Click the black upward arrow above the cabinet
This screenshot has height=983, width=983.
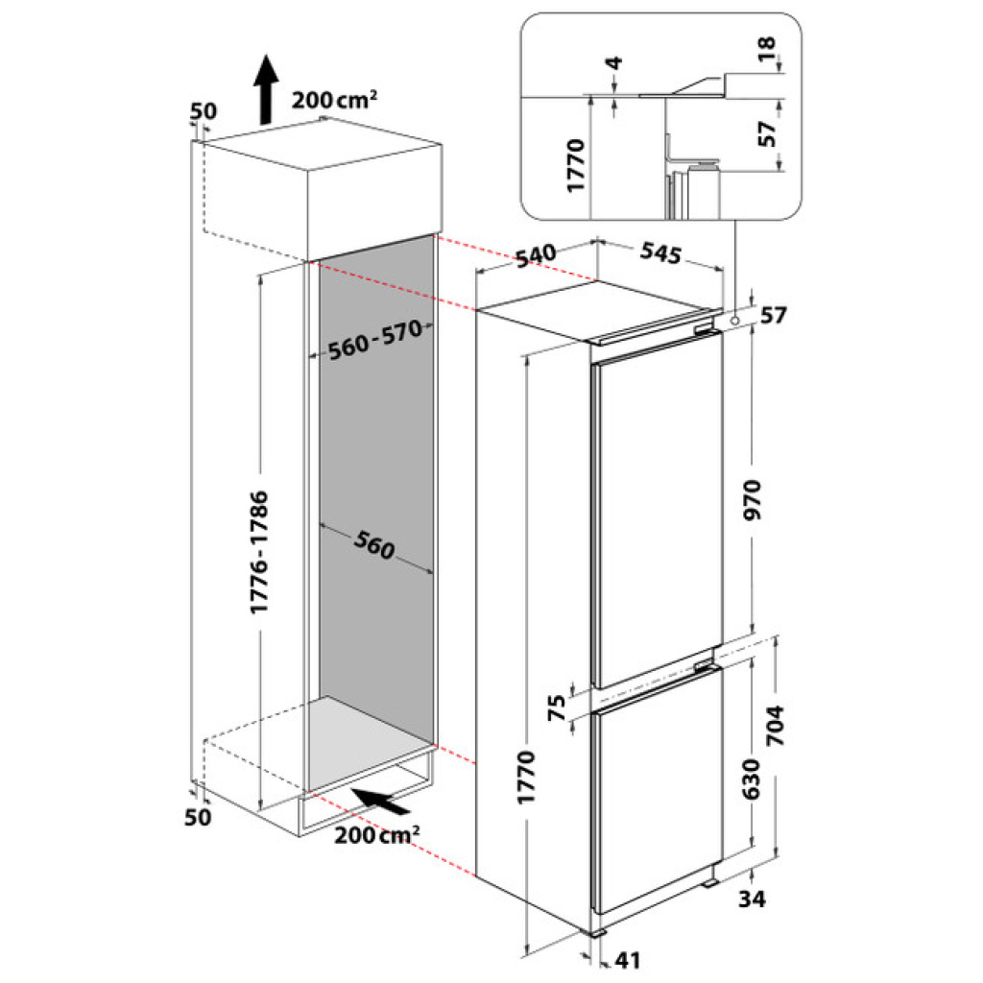[x=267, y=89]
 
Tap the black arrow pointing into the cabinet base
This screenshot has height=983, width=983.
[x=381, y=801]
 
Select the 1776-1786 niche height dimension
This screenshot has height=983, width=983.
[x=259, y=552]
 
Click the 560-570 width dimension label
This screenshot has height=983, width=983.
[x=375, y=340]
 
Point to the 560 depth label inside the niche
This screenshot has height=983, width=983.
[x=374, y=544]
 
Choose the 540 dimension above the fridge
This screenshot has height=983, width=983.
[x=536, y=254]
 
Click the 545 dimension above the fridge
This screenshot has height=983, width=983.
[x=660, y=252]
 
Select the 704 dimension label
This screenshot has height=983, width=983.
[x=775, y=726]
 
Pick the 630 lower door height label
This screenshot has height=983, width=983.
[x=751, y=779]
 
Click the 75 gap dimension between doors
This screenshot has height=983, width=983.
[x=557, y=708]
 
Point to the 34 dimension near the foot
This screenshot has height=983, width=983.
[x=752, y=899]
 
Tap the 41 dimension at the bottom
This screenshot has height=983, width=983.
[x=628, y=960]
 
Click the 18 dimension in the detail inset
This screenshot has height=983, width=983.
[x=767, y=49]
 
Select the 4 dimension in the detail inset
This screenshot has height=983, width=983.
[x=615, y=62]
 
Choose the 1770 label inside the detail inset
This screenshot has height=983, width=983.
[x=576, y=165]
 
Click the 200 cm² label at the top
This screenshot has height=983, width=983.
[x=334, y=99]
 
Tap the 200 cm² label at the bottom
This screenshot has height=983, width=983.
[x=376, y=835]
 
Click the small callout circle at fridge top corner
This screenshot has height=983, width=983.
[x=732, y=321]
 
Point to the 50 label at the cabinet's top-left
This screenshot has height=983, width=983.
[x=204, y=111]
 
